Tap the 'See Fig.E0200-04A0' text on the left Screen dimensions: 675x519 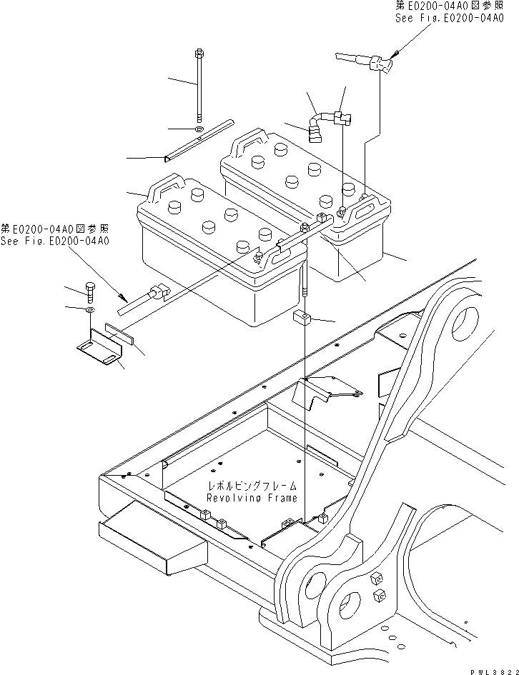[x=54, y=241]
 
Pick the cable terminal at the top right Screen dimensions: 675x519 [x=380, y=66]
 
